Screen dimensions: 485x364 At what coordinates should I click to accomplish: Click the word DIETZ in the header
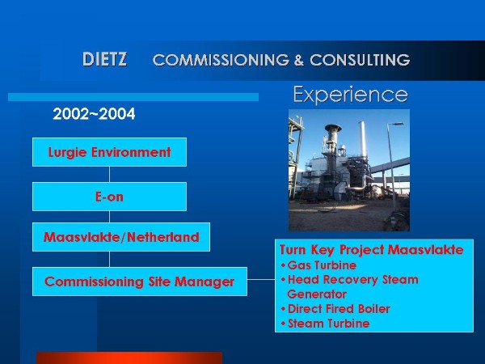tap(104, 59)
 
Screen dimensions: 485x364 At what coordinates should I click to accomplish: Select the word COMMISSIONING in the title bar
tap(221, 60)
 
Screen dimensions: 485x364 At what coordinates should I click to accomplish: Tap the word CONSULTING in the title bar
tap(360, 60)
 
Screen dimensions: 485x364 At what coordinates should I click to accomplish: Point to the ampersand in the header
tap(299, 60)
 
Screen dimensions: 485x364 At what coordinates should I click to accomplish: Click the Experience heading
tap(351, 95)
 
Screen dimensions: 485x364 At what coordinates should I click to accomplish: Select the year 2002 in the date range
tap(71, 114)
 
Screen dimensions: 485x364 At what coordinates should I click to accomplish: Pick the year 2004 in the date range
tap(117, 114)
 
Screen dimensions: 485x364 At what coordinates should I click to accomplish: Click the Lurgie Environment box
tap(109, 152)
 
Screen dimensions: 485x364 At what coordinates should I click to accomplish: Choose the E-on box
tap(109, 197)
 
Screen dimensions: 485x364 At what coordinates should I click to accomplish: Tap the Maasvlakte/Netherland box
tap(121, 237)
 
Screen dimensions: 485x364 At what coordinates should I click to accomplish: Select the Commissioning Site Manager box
tap(140, 281)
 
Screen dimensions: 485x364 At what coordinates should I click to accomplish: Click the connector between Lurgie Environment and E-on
tap(109, 174)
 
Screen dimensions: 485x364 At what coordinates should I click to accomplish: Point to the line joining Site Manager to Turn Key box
tap(261, 279)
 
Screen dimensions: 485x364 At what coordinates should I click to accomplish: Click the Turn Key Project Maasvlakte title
tap(372, 250)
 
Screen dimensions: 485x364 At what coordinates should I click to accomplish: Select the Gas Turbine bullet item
tap(318, 265)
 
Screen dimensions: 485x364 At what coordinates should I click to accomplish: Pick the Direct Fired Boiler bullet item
tap(335, 309)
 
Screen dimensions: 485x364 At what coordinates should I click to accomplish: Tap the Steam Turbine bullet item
tap(325, 324)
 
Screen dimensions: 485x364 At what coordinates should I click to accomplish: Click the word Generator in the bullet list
tap(317, 294)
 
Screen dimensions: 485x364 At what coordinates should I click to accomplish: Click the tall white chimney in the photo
tap(362, 138)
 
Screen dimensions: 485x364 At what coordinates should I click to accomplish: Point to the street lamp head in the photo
tap(398, 124)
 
